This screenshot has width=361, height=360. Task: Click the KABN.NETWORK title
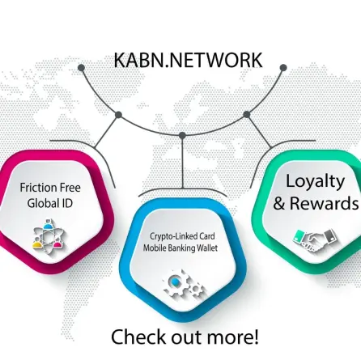(188, 60)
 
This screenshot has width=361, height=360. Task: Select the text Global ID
(50, 203)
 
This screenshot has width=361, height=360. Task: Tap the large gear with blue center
(175, 283)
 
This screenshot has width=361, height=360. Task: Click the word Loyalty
(315, 182)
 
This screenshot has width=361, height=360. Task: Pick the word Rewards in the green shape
(325, 203)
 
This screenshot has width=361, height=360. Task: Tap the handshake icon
(316, 240)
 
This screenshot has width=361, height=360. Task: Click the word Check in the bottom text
(138, 337)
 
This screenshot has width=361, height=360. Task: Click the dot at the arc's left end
(81, 68)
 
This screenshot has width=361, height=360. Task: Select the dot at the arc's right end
(283, 68)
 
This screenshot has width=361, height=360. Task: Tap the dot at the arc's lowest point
(182, 135)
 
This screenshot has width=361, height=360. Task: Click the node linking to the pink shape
(118, 115)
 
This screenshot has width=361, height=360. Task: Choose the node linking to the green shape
(247, 115)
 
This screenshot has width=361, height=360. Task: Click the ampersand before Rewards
(279, 203)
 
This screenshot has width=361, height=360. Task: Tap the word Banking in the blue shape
(180, 248)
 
